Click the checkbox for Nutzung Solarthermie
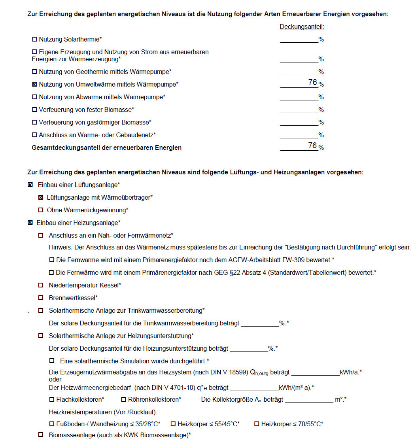coord(34,40)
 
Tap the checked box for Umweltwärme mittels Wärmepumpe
coord(34,84)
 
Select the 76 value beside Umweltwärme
coord(312,83)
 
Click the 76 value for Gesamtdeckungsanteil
coord(312,146)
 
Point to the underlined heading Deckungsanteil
coord(302,27)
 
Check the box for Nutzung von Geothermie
coord(34,72)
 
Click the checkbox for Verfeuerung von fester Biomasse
coord(34,110)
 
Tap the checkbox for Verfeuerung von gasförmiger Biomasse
coord(34,122)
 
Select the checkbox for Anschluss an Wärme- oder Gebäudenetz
coord(34,135)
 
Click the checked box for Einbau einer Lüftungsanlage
coord(30,185)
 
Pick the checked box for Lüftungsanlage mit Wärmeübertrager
coord(40,197)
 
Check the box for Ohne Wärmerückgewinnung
coord(40,210)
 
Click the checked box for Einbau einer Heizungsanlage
coord(30,223)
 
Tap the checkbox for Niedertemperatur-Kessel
coord(40,285)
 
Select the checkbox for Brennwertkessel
coord(40,298)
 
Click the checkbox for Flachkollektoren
coord(51,400)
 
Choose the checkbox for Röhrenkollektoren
coord(123,400)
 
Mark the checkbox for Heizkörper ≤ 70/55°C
coord(256,424)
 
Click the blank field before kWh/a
coord(315,372)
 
